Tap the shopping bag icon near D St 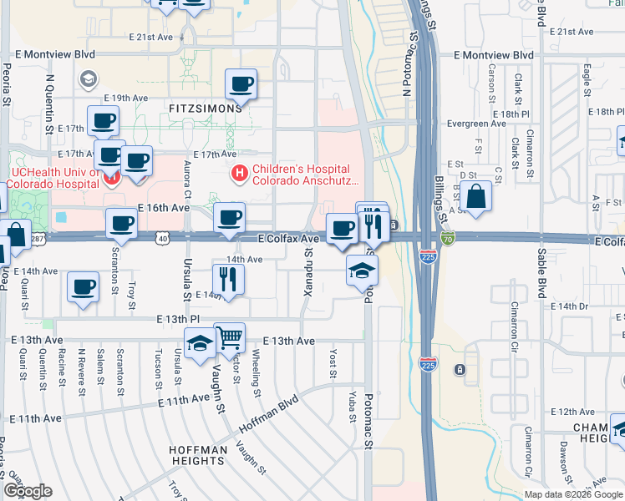(x=475, y=198)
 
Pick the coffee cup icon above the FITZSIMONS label (x=241, y=83)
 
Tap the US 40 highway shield (x=162, y=239)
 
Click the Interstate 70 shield (x=448, y=240)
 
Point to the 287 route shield (x=38, y=239)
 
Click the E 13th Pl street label (x=177, y=319)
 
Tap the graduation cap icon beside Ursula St (x=201, y=343)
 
